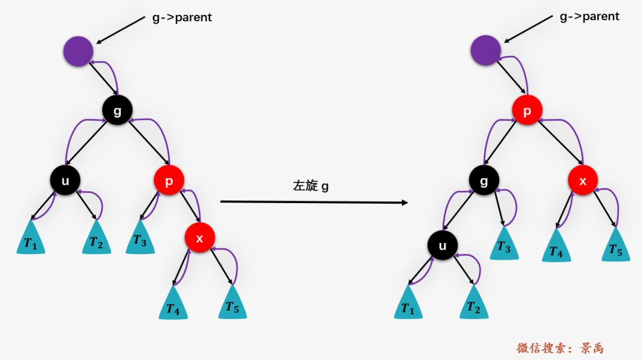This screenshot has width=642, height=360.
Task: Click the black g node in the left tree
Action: click(x=118, y=110)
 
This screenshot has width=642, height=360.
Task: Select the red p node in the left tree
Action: click(x=169, y=181)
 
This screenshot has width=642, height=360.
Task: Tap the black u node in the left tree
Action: click(x=65, y=181)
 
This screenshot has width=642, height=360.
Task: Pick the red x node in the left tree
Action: click(x=200, y=238)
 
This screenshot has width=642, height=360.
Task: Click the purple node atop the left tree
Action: click(x=78, y=51)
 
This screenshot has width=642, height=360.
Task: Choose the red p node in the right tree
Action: click(x=527, y=110)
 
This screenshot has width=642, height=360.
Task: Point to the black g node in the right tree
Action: click(x=484, y=181)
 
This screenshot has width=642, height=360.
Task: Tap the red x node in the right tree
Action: click(x=583, y=181)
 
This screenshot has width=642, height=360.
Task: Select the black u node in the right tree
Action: click(x=443, y=245)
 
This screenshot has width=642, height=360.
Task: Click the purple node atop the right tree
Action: click(x=486, y=50)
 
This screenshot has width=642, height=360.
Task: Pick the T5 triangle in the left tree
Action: click(x=232, y=304)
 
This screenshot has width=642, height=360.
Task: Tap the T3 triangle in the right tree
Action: click(x=505, y=245)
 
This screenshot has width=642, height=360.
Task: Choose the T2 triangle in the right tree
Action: click(x=474, y=304)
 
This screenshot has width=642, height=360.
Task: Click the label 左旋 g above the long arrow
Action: click(x=311, y=186)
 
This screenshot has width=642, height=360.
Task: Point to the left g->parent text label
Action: click(x=182, y=18)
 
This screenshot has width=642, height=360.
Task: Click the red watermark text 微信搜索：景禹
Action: click(x=560, y=348)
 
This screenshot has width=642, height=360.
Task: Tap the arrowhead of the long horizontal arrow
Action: click(x=405, y=203)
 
